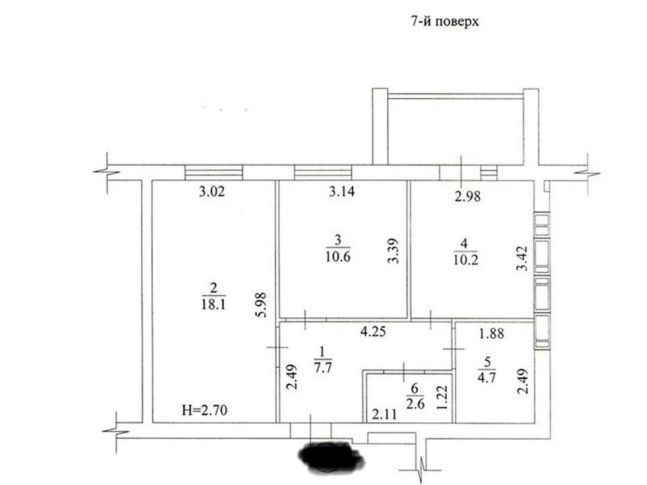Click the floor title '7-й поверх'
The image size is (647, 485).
click(445, 21)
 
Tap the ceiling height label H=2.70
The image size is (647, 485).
click(205, 410)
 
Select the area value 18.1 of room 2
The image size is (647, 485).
click(214, 304)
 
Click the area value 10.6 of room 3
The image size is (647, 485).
click(338, 257)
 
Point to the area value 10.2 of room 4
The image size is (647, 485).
click(466, 260)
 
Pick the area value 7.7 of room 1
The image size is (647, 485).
click(323, 368)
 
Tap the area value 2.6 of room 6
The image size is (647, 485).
click(415, 403)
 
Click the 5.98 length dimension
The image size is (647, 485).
click(261, 304)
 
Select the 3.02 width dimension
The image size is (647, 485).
click(212, 192)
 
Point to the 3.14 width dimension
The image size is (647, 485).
click(342, 192)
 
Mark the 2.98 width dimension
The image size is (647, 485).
click(468, 196)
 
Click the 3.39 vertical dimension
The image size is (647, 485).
click(393, 251)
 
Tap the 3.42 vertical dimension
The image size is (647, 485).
click(522, 258)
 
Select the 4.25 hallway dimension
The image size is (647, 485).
click(373, 331)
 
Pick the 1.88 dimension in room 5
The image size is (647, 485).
click(491, 333)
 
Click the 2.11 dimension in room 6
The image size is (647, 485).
click(385, 414)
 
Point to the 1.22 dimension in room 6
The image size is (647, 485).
click(441, 397)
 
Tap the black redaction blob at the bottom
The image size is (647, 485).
click(331, 457)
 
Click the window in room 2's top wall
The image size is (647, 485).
click(214, 172)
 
